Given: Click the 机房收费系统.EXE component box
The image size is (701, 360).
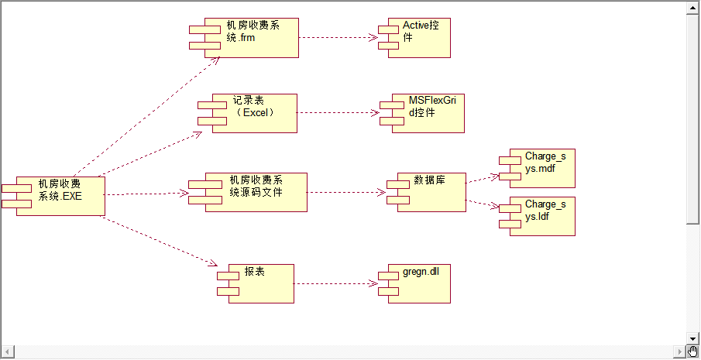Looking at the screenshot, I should click(x=60, y=196).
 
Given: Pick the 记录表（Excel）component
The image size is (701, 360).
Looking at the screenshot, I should click(x=255, y=113).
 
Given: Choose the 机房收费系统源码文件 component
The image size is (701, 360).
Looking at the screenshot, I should click(x=255, y=192).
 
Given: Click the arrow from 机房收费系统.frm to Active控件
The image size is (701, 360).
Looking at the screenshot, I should click(x=338, y=37).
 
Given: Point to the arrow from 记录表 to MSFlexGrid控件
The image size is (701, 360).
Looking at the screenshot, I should click(x=338, y=113).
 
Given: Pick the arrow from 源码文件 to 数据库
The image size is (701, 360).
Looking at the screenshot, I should click(x=346, y=192).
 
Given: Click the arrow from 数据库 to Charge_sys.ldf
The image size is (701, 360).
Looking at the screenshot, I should click(x=483, y=204).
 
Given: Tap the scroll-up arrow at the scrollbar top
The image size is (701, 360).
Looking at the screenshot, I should click(x=693, y=7).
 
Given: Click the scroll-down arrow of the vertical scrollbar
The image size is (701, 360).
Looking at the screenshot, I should click(x=693, y=338).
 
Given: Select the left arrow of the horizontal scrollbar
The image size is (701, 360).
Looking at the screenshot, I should click(x=8, y=351).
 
